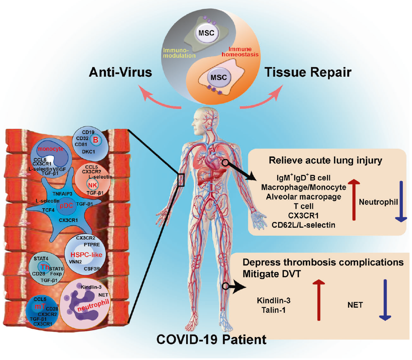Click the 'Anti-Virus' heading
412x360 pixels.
click(x=120, y=72)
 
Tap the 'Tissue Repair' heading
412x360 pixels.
click(x=308, y=72)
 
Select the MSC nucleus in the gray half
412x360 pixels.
click(x=207, y=33)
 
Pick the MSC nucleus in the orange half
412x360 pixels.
click(x=219, y=78)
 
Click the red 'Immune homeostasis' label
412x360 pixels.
click(x=240, y=52)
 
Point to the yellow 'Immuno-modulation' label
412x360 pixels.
click(x=179, y=53)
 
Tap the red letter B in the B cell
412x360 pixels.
click(x=96, y=140)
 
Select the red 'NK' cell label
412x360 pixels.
click(x=93, y=185)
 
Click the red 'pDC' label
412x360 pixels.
click(x=66, y=206)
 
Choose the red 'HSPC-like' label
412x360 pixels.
click(x=86, y=254)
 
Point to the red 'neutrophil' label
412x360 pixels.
click(x=93, y=306)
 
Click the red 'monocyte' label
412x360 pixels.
click(x=51, y=149)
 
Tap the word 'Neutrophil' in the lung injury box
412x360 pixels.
click(x=378, y=202)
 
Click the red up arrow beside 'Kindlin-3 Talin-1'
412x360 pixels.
click(x=319, y=300)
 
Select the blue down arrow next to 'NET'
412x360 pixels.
click(x=385, y=300)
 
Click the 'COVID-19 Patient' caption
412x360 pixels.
click(x=212, y=340)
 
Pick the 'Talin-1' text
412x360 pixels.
click(x=273, y=310)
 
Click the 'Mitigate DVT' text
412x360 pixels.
click(x=272, y=274)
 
